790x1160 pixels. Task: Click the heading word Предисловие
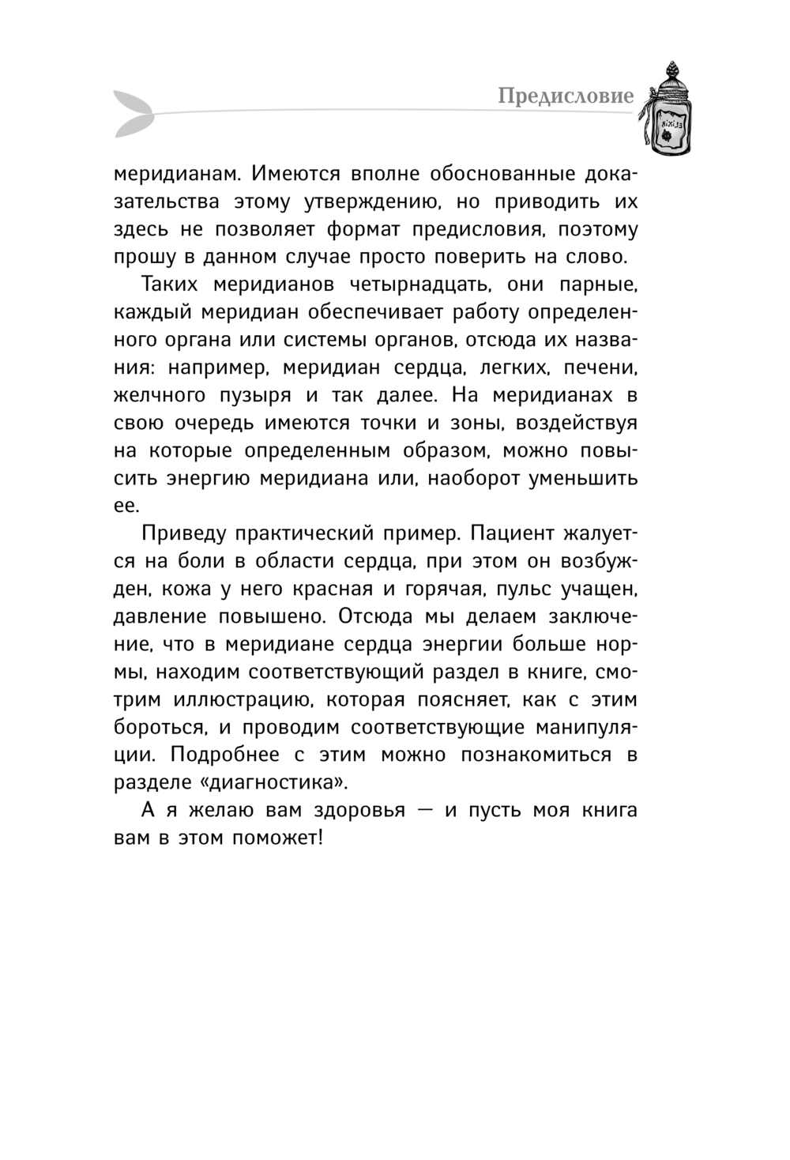(x=566, y=96)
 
